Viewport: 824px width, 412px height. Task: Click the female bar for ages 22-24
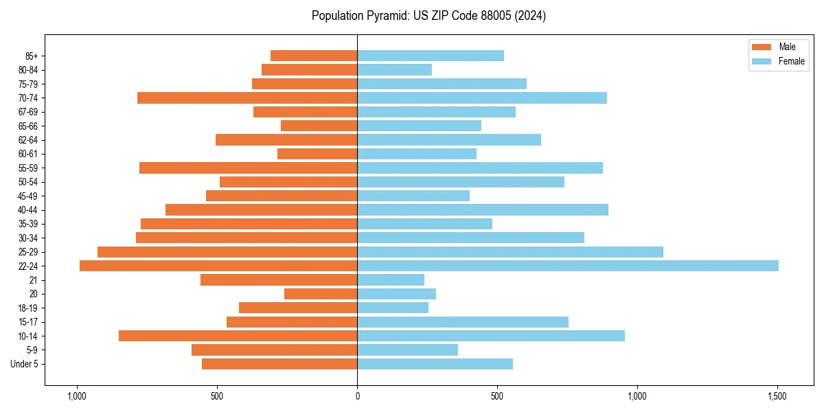(567, 266)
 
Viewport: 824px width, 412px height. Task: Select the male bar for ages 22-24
(218, 266)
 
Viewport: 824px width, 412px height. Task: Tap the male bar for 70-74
(247, 98)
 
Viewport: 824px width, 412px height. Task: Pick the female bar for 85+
(431, 56)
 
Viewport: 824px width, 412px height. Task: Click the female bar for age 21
(391, 279)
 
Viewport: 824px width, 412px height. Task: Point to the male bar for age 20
(321, 294)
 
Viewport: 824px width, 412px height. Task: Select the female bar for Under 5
(435, 364)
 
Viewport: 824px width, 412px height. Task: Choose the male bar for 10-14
(238, 336)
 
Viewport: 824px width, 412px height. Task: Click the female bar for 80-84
(394, 69)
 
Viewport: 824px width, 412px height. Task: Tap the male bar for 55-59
(248, 168)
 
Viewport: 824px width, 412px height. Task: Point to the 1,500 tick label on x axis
(777, 396)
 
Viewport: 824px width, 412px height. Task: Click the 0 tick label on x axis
(357, 396)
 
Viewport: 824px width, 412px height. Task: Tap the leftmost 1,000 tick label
(76, 396)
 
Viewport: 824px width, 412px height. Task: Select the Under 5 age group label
(30, 364)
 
